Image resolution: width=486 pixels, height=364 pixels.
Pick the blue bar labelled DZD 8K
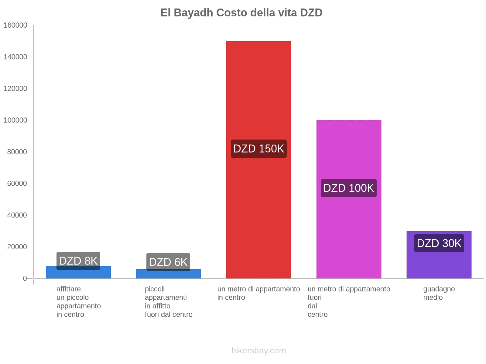[x=78, y=274]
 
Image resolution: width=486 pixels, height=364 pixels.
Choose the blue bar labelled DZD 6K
[x=168, y=275]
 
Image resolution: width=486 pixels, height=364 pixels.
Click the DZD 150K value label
[x=258, y=149]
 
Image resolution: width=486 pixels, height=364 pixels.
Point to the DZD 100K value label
[x=349, y=188]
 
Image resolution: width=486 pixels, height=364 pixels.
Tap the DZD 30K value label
[x=439, y=243]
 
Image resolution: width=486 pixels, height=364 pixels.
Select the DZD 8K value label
[x=78, y=261]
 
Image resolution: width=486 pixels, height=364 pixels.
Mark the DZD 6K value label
[x=168, y=262]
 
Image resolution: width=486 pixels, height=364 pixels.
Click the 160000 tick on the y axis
[x=15, y=25]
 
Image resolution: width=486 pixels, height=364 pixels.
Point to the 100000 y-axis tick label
[x=15, y=120]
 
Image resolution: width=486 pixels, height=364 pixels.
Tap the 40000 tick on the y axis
[x=17, y=215]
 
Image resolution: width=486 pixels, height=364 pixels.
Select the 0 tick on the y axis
[x=25, y=278]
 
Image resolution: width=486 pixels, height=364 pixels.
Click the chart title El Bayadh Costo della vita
[x=241, y=13]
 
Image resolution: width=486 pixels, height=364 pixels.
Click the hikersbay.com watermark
[x=258, y=351]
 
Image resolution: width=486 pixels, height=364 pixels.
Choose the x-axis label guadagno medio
[x=439, y=293]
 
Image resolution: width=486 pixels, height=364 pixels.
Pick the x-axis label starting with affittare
[x=78, y=302]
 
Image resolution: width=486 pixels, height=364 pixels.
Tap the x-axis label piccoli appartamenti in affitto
[x=169, y=302]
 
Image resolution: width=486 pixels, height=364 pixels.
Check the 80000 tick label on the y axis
[x=17, y=152]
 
